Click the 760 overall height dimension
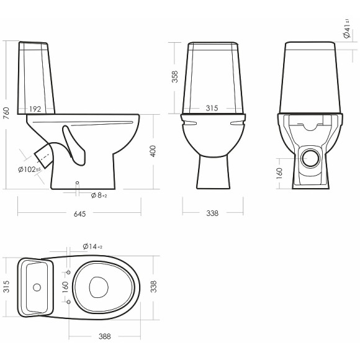click(x=6, y=113)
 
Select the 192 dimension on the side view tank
click(x=35, y=109)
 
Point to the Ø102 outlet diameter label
click(x=29, y=169)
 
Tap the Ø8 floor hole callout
click(x=99, y=196)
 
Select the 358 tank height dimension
click(x=175, y=76)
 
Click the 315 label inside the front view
click(x=212, y=109)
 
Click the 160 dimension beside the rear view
click(x=279, y=171)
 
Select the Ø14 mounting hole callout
click(x=92, y=247)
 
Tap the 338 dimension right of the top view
click(x=153, y=286)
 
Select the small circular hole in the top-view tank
click(x=37, y=287)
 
